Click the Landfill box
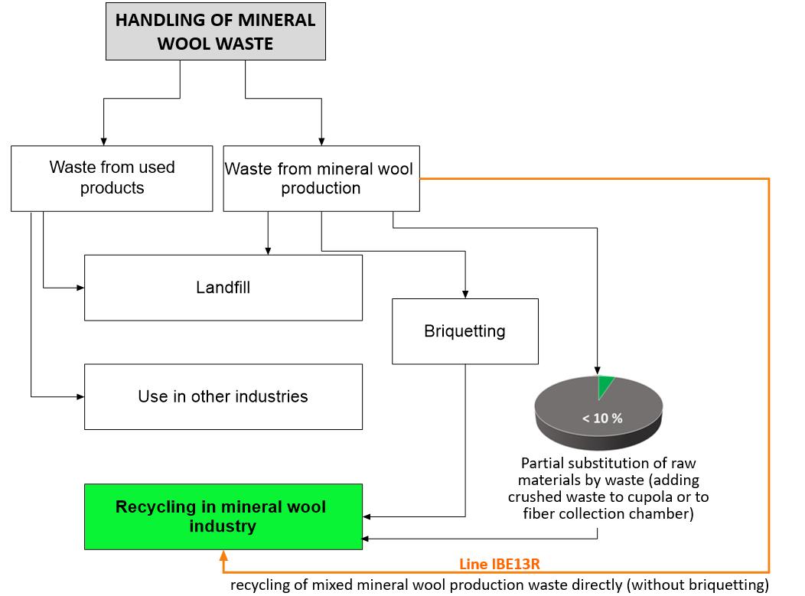tap(223, 288)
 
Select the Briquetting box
tap(464, 331)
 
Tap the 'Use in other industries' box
tap(223, 396)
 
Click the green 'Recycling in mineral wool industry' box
tap(223, 516)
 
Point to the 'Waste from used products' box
tap(112, 178)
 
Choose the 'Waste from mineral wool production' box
tap(321, 178)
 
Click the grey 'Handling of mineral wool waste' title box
tap(215, 32)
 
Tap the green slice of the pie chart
tap(605, 386)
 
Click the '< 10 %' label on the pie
tap(602, 419)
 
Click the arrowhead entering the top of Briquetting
tap(464, 294)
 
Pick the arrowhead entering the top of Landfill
tap(268, 250)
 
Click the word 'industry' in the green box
tap(222, 526)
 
